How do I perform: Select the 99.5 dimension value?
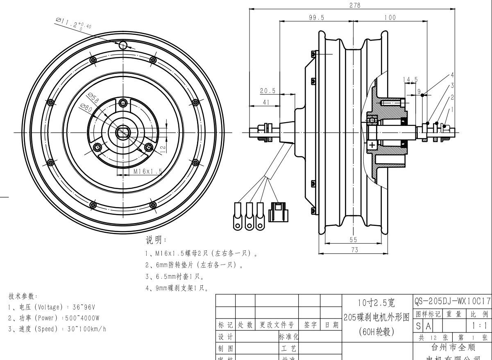(x=316, y=17)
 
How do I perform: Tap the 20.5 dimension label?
(x=267, y=91)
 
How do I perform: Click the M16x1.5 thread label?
(x=147, y=172)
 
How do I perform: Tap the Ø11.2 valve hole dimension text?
(x=73, y=23)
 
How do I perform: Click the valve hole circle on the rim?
(x=123, y=46)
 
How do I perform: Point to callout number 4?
(x=452, y=75)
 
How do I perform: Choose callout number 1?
(x=452, y=109)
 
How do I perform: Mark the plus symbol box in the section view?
(x=372, y=145)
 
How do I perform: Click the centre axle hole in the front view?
(x=122, y=132)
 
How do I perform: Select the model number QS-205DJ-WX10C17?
(x=452, y=301)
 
